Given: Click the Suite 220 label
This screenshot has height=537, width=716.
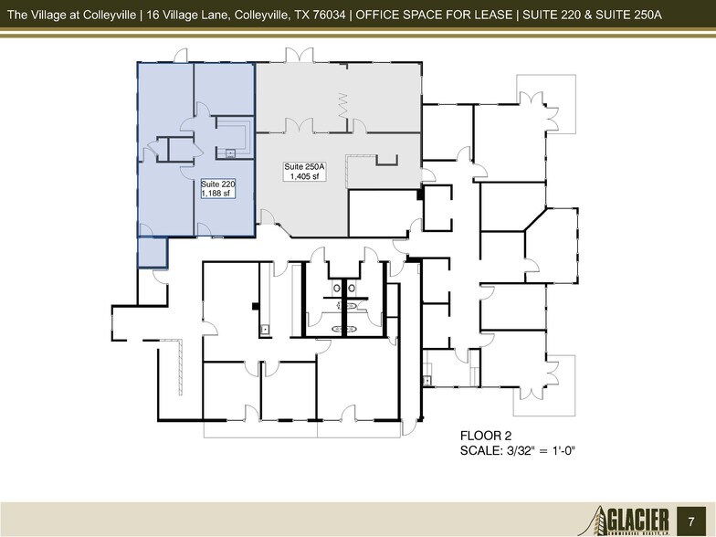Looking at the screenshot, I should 218,184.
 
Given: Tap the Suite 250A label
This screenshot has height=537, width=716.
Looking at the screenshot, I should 302,166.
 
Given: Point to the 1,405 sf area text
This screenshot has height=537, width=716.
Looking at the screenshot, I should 302,177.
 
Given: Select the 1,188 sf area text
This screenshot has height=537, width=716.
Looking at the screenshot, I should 218,194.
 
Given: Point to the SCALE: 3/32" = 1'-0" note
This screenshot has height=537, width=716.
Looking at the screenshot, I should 521,451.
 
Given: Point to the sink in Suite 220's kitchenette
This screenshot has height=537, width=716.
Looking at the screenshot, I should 231,153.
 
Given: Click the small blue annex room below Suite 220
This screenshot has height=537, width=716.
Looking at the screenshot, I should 152,251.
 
